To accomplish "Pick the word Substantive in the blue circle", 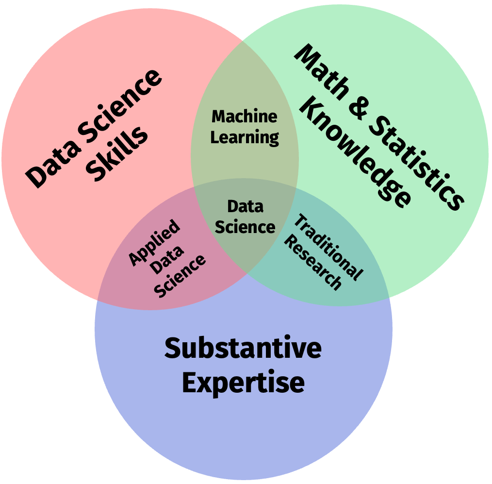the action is (243, 349).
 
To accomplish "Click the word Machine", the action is (245, 117).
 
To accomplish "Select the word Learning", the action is (245, 137).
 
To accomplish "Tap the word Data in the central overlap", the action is (245, 207).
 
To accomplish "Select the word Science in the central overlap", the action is (245, 227).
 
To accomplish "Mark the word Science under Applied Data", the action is (180, 276).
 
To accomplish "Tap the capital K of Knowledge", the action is (310, 110).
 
